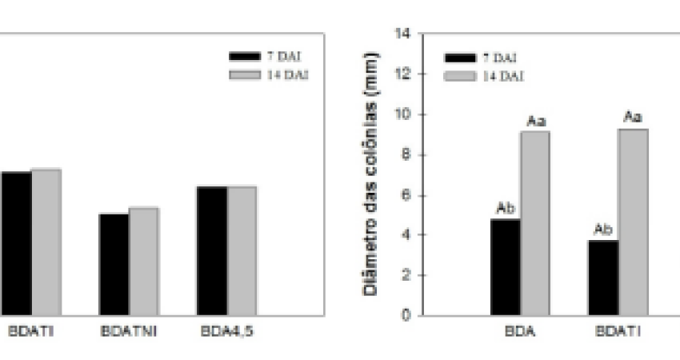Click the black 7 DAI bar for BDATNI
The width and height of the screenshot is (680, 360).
tap(114, 264)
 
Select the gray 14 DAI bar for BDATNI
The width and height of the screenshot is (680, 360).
tap(144, 261)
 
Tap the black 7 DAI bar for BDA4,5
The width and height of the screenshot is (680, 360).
tap(212, 250)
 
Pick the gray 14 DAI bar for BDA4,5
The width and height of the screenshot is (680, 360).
tap(242, 250)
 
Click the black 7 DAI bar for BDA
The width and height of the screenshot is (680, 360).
tap(506, 267)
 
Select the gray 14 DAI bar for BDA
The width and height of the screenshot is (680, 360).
tap(535, 223)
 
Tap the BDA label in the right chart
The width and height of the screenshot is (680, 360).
tap(520, 329)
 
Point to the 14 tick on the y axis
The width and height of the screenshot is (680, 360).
tap(404, 34)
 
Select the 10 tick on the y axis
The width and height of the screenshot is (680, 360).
tap(404, 114)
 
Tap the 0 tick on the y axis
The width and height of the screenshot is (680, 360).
tap(407, 315)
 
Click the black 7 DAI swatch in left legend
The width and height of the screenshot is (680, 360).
tap(245, 56)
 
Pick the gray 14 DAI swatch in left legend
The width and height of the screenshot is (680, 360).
tap(245, 74)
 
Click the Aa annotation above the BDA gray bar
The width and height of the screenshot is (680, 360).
tap(535, 121)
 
